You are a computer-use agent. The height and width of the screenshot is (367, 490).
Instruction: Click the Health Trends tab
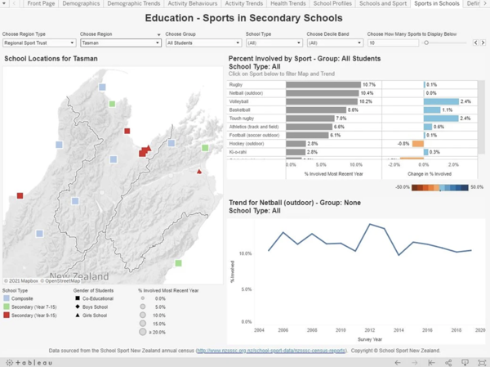(287, 4)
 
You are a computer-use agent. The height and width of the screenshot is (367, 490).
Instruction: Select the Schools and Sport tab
(382, 4)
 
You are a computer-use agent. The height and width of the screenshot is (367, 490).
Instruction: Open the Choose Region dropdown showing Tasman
(120, 43)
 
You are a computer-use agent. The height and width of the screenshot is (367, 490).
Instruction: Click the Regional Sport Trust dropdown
(38, 43)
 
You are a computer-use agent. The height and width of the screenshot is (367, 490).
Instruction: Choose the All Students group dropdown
(203, 43)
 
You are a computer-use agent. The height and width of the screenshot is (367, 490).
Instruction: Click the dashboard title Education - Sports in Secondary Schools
(244, 18)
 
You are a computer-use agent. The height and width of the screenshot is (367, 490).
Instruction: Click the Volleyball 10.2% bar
(324, 101)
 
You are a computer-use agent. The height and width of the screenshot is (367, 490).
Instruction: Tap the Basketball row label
(240, 110)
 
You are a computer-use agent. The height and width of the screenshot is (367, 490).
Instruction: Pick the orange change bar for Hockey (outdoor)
(417, 144)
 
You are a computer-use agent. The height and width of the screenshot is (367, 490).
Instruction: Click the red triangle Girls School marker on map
(199, 172)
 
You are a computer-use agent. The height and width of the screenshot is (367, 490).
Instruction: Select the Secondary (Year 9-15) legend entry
(33, 314)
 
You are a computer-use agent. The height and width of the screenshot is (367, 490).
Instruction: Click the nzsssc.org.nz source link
(270, 350)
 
